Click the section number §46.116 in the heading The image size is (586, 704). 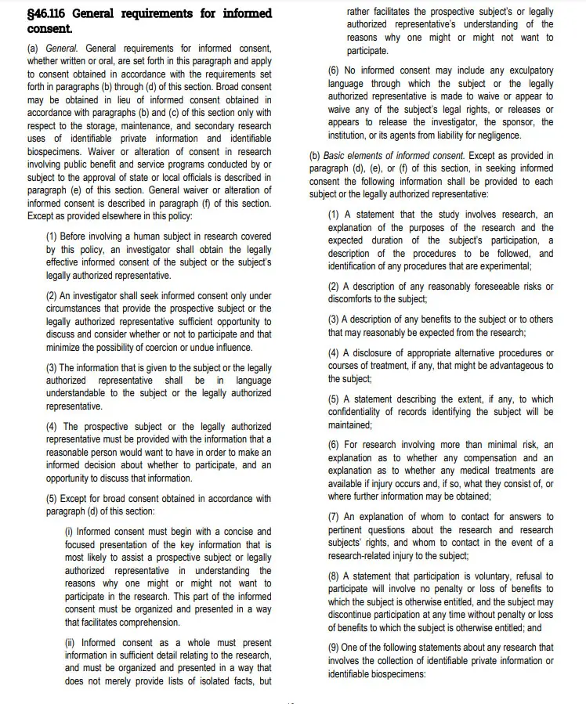pyautogui.click(x=52, y=13)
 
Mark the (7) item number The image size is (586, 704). pyautogui.click(x=333, y=517)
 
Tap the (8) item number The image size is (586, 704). pyautogui.click(x=333, y=576)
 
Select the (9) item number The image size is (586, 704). pyautogui.click(x=333, y=648)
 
